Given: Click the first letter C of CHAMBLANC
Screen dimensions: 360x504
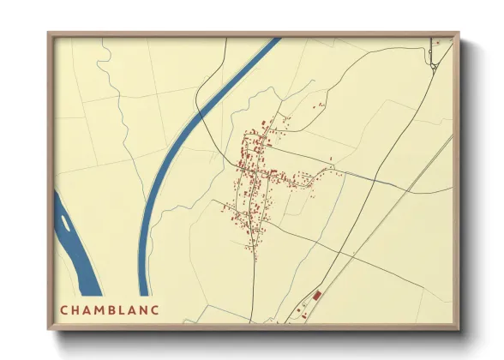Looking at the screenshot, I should (64, 309).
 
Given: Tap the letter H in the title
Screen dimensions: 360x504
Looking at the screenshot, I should (76, 309).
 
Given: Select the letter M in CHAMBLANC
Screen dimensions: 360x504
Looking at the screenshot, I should (102, 309).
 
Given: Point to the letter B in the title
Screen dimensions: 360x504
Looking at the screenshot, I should (115, 309).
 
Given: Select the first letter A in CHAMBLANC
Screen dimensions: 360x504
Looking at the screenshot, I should (88, 309).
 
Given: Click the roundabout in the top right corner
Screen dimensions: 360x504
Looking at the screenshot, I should (435, 65).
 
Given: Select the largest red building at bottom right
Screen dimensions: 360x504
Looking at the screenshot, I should (316, 296).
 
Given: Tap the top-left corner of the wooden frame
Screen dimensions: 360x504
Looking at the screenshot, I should (49, 34).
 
